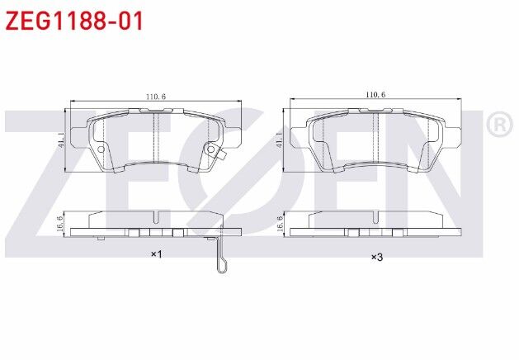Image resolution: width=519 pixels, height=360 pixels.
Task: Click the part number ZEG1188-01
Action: tap(75, 21)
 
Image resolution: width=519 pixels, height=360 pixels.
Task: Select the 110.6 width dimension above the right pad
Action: tap(375, 97)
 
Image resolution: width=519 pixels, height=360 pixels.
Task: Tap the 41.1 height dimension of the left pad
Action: tap(59, 139)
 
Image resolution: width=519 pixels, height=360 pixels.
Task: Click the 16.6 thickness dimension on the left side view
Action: tap(59, 222)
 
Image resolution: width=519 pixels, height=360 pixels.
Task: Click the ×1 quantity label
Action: tap(155, 255)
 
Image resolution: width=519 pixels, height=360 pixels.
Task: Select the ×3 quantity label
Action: tap(375, 258)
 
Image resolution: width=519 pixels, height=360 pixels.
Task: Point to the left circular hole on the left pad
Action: tap(101, 150)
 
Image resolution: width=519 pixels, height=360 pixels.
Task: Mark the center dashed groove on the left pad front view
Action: tap(155, 136)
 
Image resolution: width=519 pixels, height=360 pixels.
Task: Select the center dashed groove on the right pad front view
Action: tap(375, 136)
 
